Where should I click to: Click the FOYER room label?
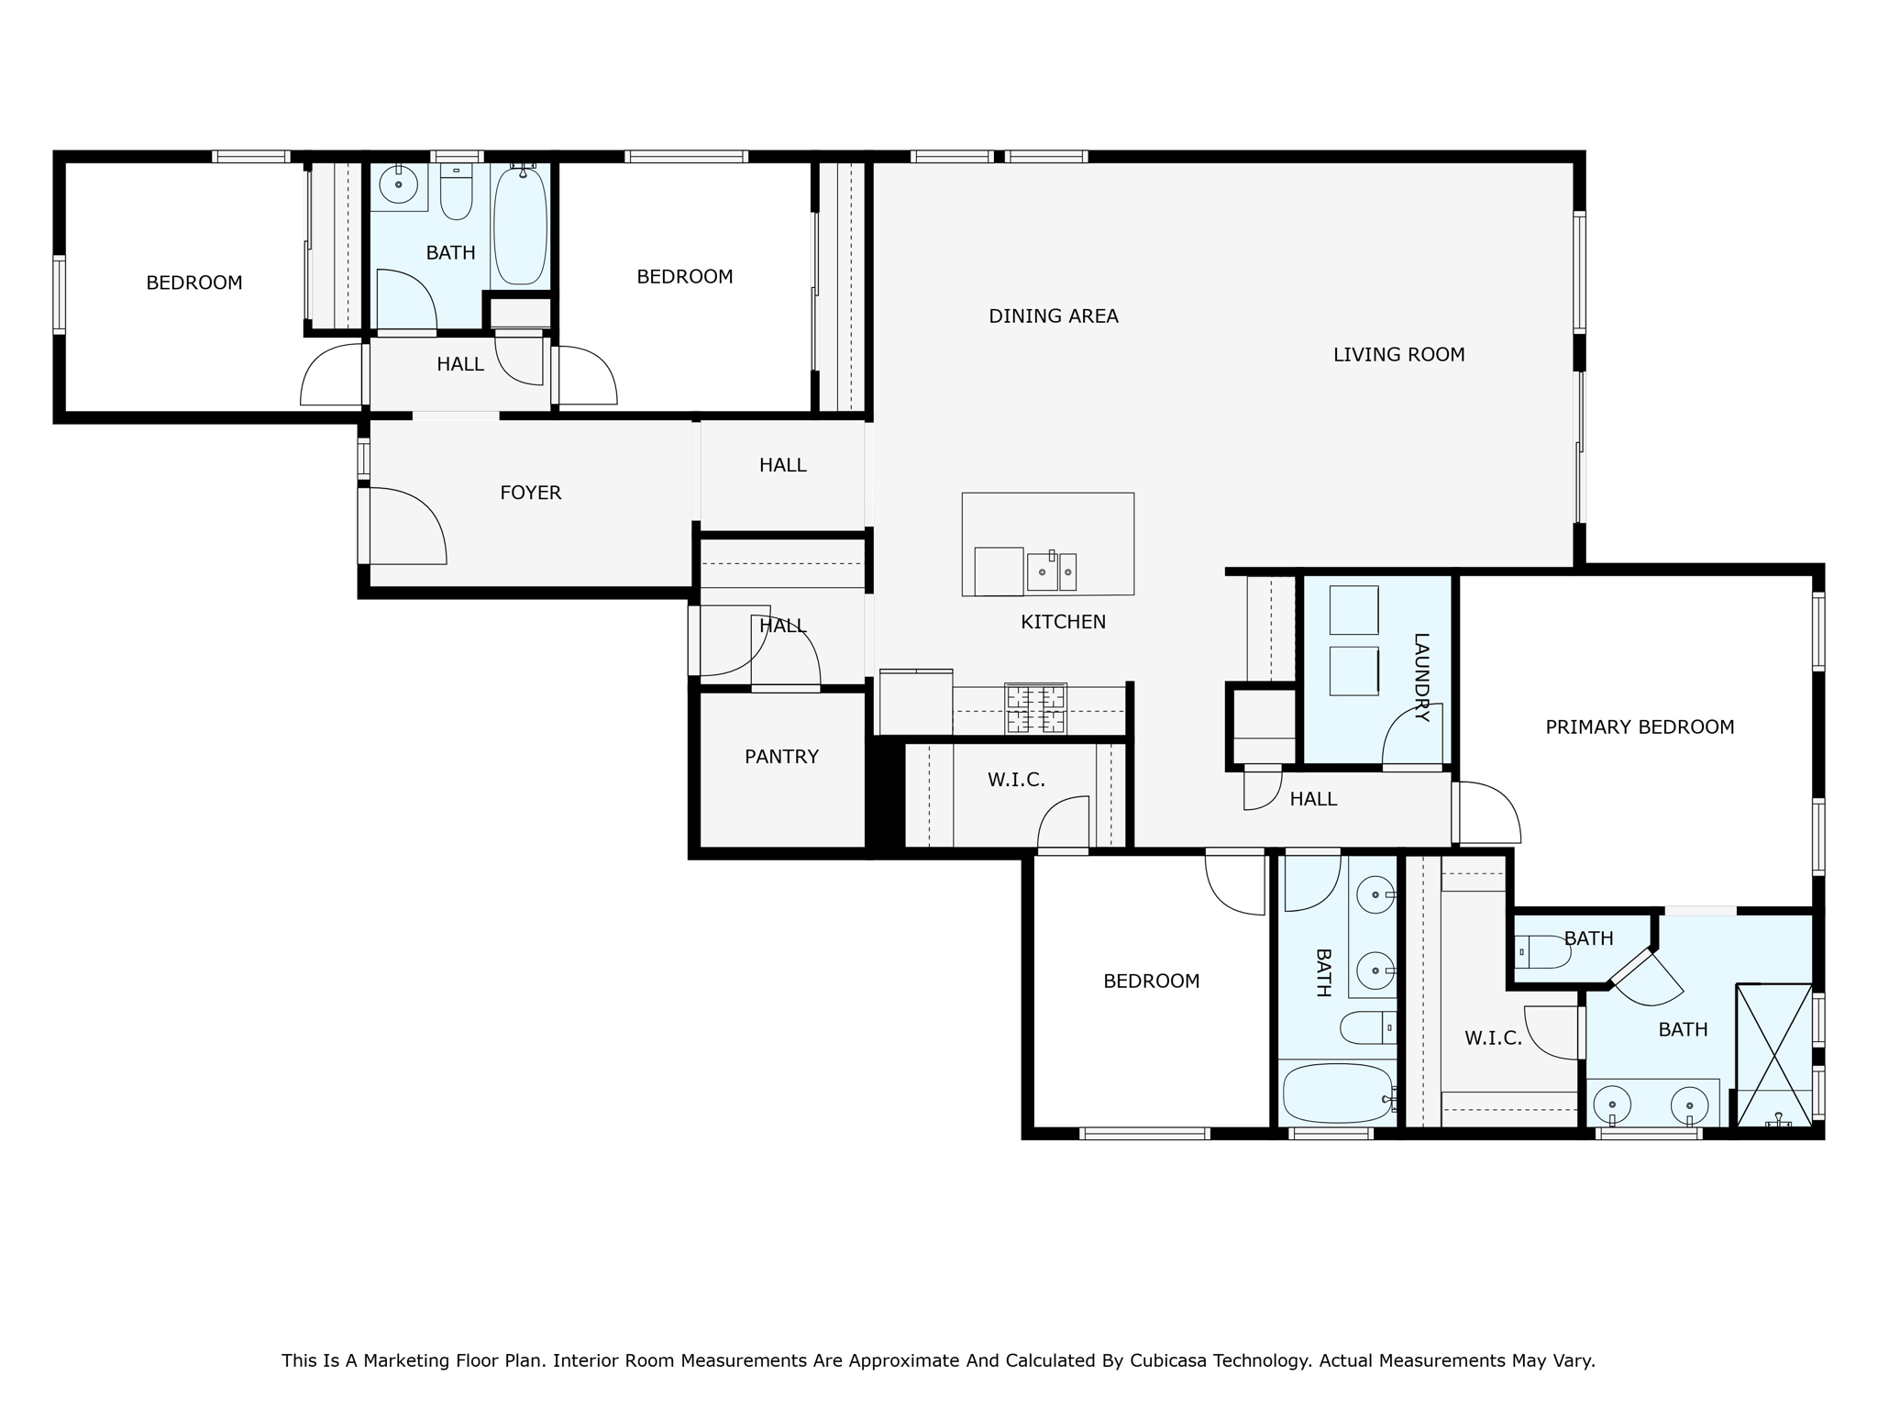(x=530, y=493)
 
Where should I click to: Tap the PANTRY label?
(x=781, y=757)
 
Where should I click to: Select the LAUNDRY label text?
(x=1421, y=678)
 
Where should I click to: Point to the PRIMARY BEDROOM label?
(x=1640, y=727)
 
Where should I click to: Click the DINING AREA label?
(x=1054, y=316)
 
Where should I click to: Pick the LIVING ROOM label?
(x=1398, y=355)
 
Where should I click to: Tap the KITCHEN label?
(x=1063, y=622)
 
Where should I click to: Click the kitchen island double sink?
(x=1052, y=571)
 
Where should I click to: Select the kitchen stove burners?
(x=1035, y=708)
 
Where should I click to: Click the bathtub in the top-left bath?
(x=520, y=226)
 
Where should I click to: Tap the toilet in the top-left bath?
(x=456, y=193)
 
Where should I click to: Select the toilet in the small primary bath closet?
(x=1543, y=952)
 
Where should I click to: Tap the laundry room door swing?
(x=1412, y=734)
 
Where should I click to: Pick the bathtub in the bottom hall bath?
(x=1338, y=1093)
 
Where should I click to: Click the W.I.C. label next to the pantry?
(x=1016, y=781)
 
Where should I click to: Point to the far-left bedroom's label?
(x=194, y=283)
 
